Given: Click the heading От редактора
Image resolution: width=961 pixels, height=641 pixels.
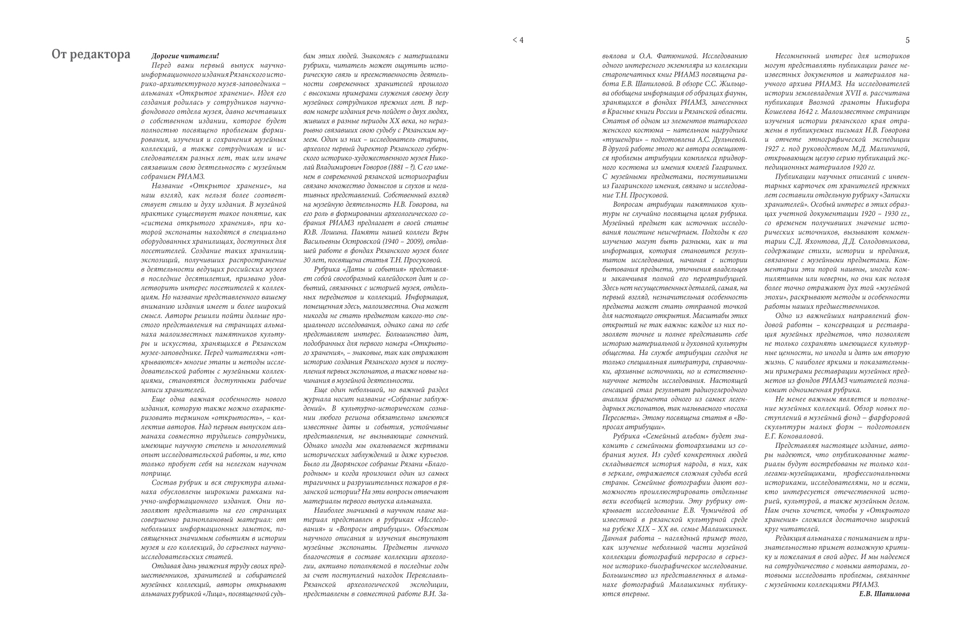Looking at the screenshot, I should [x=91, y=55].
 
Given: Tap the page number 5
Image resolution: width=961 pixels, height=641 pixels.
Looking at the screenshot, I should [x=908, y=40].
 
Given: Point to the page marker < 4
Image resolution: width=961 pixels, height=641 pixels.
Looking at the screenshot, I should [x=518, y=40].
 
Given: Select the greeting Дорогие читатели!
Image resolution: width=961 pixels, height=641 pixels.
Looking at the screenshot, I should [x=185, y=55].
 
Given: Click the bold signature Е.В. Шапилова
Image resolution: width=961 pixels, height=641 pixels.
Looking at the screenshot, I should [x=885, y=594].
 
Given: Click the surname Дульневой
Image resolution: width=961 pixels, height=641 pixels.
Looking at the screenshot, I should [x=725, y=139].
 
